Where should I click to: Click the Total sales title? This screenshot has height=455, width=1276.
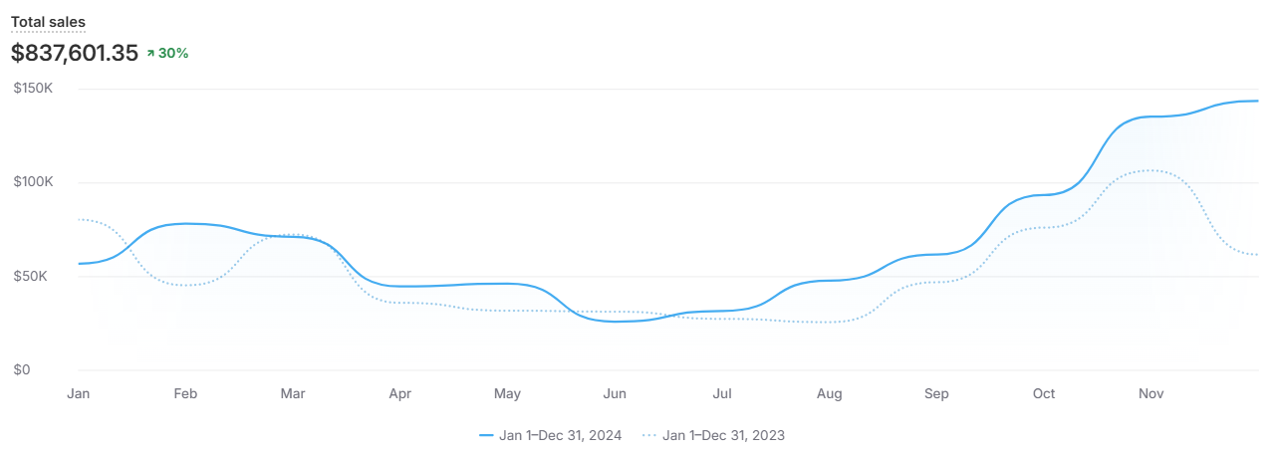48,22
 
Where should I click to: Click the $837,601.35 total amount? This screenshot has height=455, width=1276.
74,53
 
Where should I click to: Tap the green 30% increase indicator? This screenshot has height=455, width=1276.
167,53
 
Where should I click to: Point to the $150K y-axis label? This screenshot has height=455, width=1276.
33,89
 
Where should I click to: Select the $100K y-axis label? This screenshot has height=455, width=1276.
33,182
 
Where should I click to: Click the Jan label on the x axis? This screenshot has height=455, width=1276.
79,394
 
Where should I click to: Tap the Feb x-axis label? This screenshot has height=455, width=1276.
185,394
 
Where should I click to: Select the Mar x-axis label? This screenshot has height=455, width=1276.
293,394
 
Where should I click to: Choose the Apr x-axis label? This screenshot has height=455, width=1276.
400,394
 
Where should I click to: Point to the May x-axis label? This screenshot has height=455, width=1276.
507,394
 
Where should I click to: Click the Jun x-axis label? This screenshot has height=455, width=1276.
615,394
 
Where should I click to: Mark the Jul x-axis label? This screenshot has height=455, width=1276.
722,394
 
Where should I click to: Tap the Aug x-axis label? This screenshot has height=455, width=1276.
830,394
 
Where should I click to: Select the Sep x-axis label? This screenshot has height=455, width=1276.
936,394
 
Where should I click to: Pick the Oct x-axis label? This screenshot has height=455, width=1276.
1044,394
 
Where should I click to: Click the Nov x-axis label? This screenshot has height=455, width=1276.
1151,394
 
